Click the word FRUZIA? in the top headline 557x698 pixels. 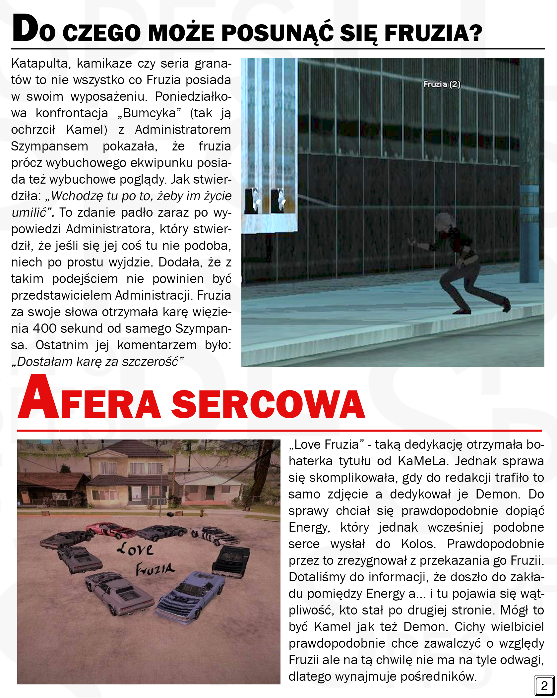pyautogui.click(x=433, y=33)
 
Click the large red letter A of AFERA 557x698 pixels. pyautogui.click(x=39, y=398)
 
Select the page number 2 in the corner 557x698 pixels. pyautogui.click(x=544, y=685)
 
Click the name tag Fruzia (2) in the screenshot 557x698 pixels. pyautogui.click(x=442, y=85)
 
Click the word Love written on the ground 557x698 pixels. pyautogui.click(x=135, y=549)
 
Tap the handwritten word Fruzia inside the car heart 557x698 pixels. pyautogui.click(x=155, y=569)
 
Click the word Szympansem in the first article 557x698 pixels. pyautogui.click(x=49, y=146)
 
